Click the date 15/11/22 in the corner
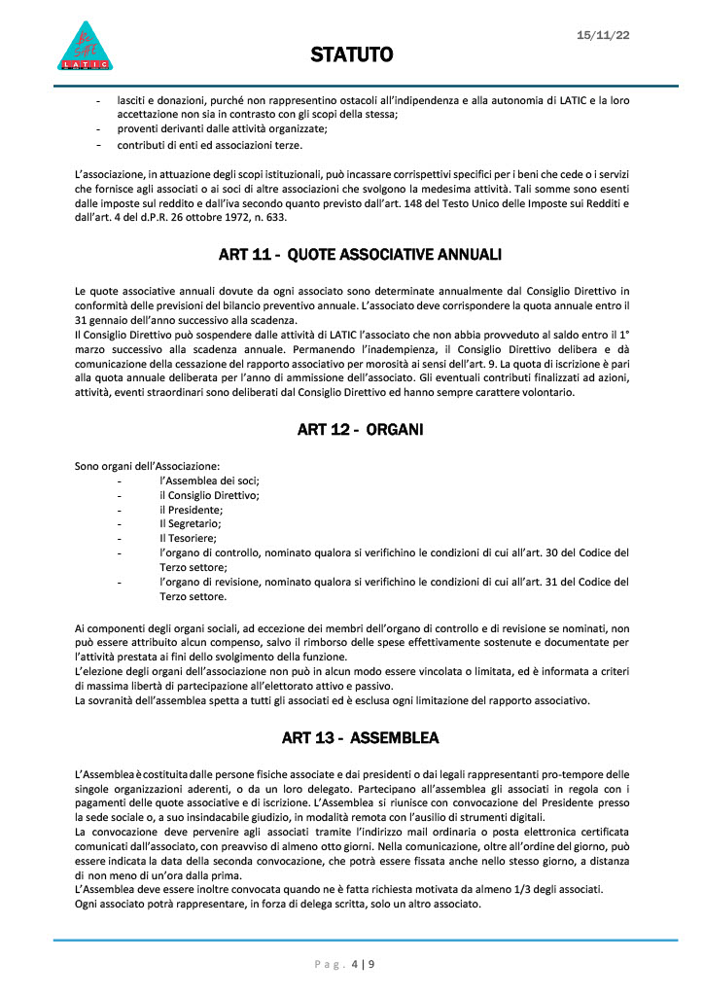[603, 34]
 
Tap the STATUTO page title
[351, 55]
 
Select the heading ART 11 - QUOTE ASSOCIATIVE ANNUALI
[360, 255]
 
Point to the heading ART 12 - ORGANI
[360, 430]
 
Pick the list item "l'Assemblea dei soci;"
[209, 480]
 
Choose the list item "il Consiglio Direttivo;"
[209, 495]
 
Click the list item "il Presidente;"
[192, 509]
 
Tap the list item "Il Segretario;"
[193, 523]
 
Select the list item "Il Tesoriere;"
[189, 538]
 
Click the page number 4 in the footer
[354, 965]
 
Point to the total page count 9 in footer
[370, 965]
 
